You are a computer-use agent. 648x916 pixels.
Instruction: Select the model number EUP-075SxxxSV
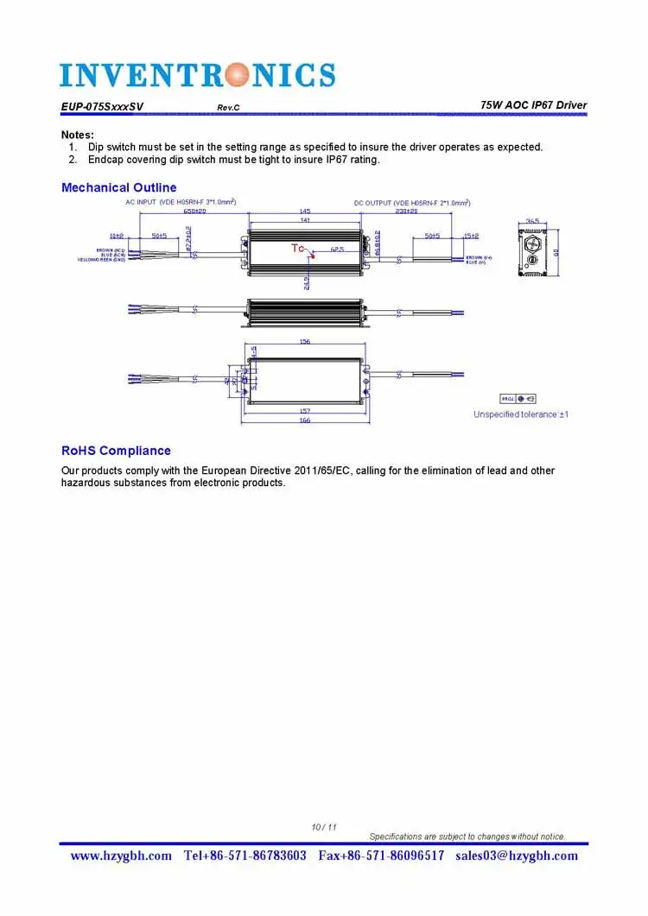(x=102, y=107)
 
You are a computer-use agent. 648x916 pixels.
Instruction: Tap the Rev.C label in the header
(x=228, y=107)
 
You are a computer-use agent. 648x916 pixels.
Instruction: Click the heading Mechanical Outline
(x=118, y=187)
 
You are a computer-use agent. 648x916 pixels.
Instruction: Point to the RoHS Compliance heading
(x=116, y=451)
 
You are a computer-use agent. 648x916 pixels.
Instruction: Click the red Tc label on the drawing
(x=297, y=248)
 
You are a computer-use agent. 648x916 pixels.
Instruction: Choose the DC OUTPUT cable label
(x=413, y=203)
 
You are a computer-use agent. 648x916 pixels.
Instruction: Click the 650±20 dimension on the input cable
(x=194, y=211)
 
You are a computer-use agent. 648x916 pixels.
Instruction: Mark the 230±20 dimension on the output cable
(x=407, y=211)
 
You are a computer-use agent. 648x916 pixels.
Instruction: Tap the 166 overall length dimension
(x=305, y=420)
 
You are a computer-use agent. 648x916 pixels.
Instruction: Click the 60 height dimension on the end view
(x=557, y=252)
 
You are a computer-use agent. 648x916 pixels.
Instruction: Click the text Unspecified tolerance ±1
(x=520, y=414)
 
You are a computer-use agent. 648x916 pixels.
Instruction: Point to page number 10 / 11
(x=324, y=827)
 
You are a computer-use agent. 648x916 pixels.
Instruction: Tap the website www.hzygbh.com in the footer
(x=121, y=856)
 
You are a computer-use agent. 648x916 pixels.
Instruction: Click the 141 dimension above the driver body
(x=305, y=220)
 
